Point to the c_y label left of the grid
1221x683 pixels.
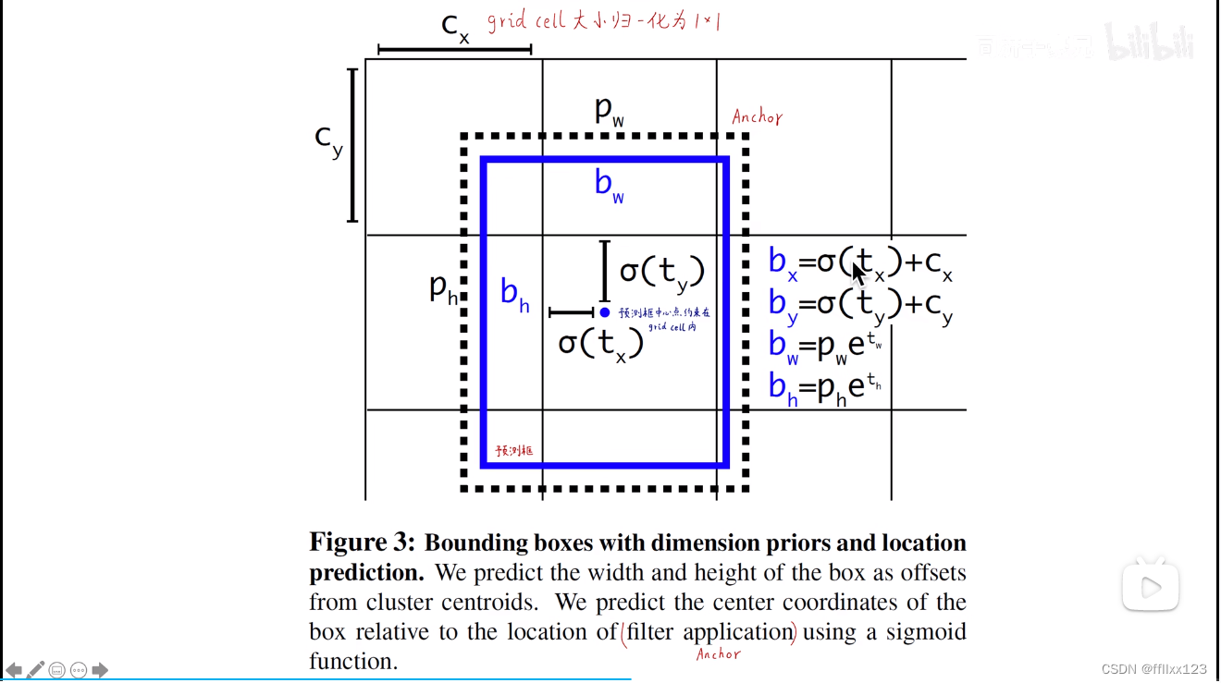(x=328, y=140)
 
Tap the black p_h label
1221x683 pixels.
(x=443, y=289)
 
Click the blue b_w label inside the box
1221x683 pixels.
(x=609, y=185)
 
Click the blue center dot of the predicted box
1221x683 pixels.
(x=605, y=312)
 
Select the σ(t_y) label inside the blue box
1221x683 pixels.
(x=662, y=272)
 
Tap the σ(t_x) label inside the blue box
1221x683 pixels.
(x=600, y=345)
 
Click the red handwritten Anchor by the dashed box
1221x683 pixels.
(x=757, y=117)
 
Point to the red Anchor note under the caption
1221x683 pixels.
(x=718, y=654)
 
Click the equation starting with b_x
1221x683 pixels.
(x=860, y=263)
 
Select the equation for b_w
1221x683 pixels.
(x=824, y=345)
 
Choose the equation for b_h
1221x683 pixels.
(x=824, y=385)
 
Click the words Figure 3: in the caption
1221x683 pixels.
(x=363, y=543)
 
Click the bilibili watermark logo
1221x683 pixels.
(x=1150, y=43)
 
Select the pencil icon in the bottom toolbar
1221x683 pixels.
(x=36, y=670)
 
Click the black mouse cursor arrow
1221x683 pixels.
(x=857, y=273)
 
